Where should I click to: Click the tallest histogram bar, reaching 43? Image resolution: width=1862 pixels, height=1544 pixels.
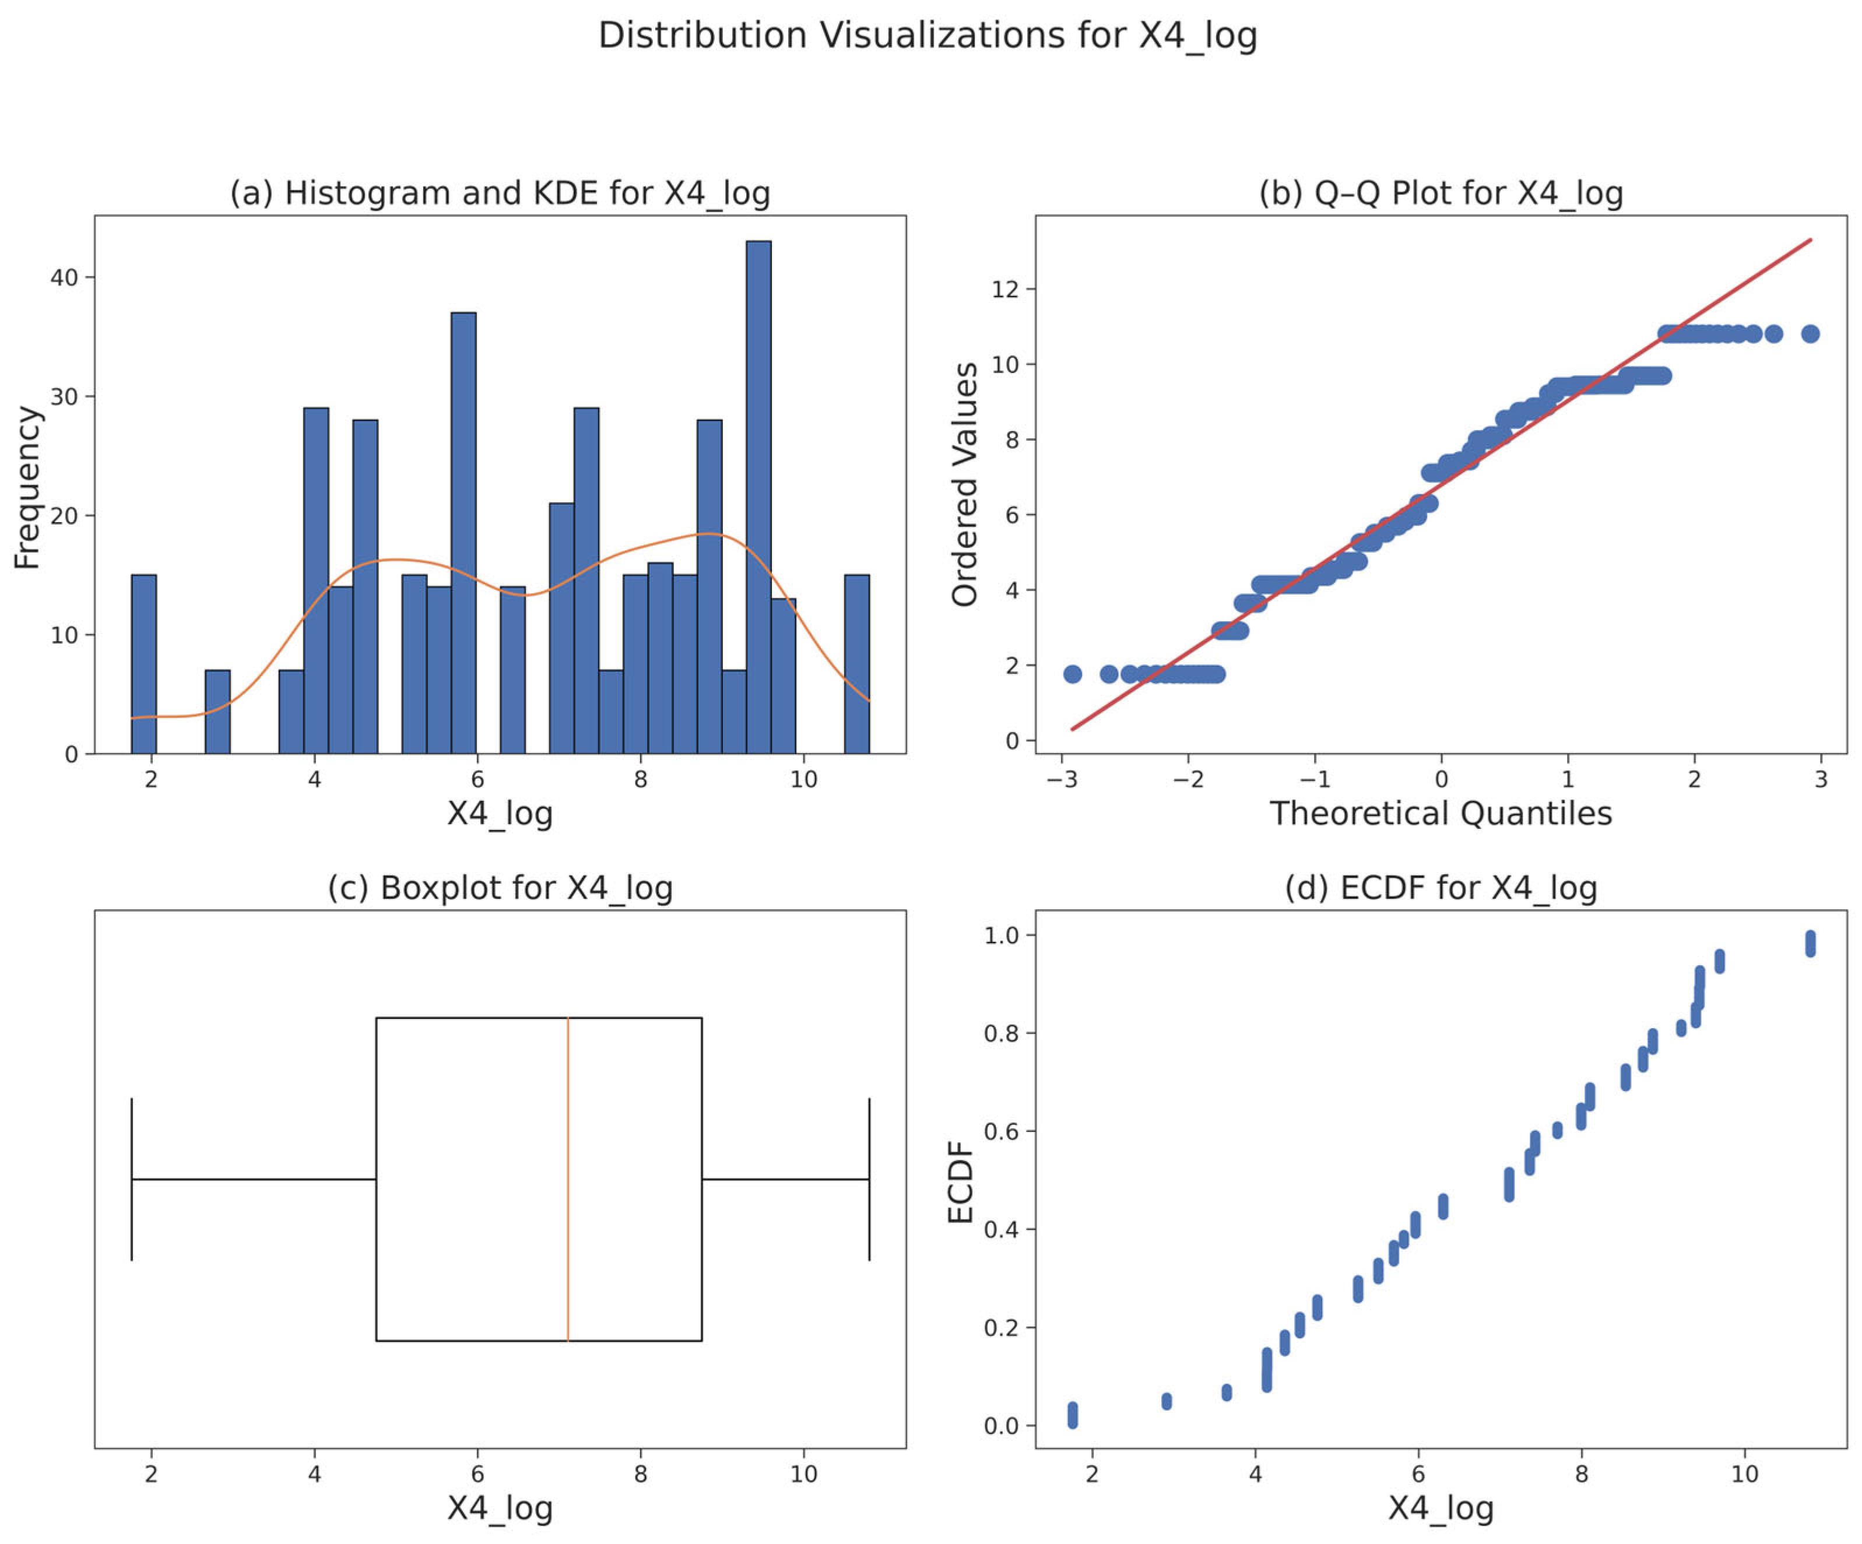click(x=758, y=497)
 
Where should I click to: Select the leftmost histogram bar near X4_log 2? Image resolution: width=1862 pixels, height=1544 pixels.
click(x=143, y=664)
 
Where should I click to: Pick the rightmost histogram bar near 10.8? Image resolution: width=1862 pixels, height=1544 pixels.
click(x=856, y=664)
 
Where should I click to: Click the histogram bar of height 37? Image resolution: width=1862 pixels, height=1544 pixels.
click(x=463, y=532)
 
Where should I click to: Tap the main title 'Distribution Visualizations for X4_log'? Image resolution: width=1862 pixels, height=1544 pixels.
click(x=928, y=36)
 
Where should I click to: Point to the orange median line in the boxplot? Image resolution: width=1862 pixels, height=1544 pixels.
click(x=567, y=1179)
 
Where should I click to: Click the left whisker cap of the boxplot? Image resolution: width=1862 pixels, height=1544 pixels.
click(x=131, y=1179)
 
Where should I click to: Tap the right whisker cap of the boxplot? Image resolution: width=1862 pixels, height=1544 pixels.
click(x=869, y=1179)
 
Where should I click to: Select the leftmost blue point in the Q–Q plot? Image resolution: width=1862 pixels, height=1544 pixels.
click(x=1073, y=674)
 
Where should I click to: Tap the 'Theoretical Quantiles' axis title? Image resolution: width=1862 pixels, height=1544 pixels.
click(x=1441, y=813)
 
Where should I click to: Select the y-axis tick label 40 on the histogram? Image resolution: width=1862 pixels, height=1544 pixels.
click(x=64, y=277)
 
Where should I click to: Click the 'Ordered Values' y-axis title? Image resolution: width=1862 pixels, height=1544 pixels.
click(x=965, y=484)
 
